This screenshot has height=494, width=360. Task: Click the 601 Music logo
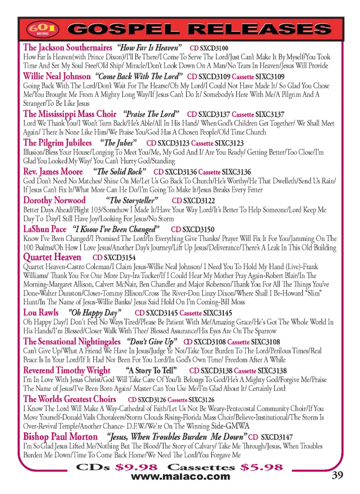pyautogui.click(x=42, y=29)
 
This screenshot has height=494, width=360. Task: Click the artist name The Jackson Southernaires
pyautogui.click(x=67, y=48)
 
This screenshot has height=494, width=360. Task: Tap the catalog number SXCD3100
pyautogui.click(x=214, y=48)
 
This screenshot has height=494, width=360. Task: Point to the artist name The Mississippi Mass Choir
pyautogui.click(x=70, y=114)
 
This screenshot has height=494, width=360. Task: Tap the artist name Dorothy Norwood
pyautogui.click(x=54, y=201)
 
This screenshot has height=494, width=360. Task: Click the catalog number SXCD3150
pyautogui.click(x=198, y=229)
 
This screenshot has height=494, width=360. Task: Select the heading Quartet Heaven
pyautogui.click(x=52, y=257)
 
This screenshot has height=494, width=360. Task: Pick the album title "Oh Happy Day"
pyautogui.click(x=95, y=313)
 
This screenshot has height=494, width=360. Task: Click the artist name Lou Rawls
pyautogui.click(x=41, y=313)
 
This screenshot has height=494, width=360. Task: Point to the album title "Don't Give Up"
pyautogui.click(x=152, y=341)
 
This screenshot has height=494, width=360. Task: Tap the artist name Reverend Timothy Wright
pyautogui.click(x=67, y=370)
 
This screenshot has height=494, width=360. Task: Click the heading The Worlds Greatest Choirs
pyautogui.click(x=70, y=399)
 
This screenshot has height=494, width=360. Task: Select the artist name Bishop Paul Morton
pyautogui.click(x=60, y=437)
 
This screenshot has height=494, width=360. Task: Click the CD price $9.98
pyautogui.click(x=136, y=467)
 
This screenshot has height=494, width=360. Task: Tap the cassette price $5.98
pyautogui.click(x=262, y=467)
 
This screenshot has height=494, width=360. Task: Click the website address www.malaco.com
pyautogui.click(x=180, y=477)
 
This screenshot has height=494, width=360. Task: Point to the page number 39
pyautogui.click(x=337, y=475)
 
